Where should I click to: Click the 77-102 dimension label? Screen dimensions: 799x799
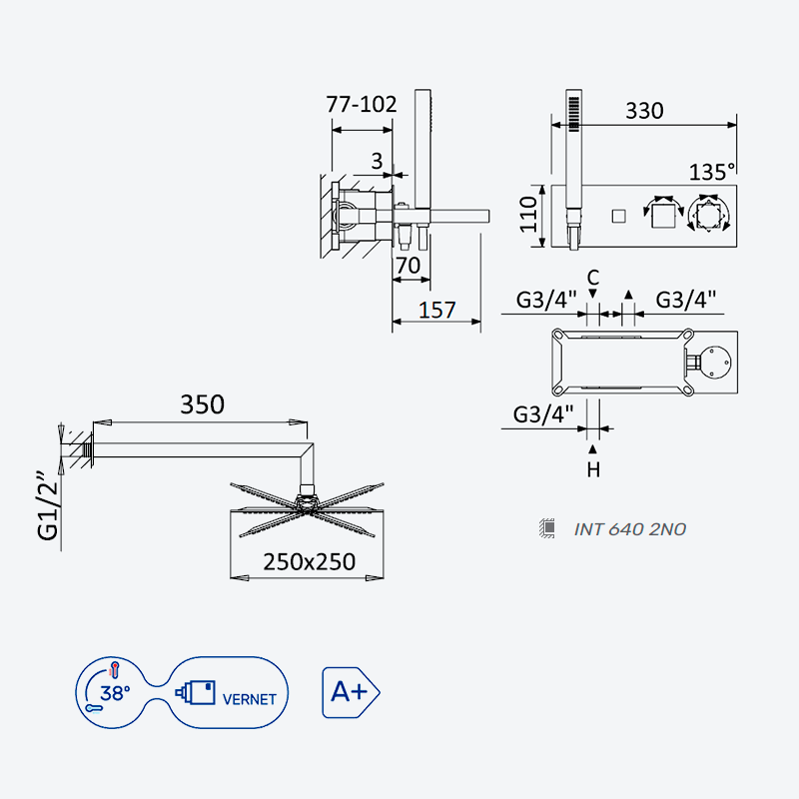tap(362, 105)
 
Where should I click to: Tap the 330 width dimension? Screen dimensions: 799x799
tap(644, 111)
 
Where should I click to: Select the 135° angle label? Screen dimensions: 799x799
tap(712, 172)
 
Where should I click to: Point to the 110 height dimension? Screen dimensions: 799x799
tap(528, 215)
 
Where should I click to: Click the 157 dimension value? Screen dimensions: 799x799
tap(436, 311)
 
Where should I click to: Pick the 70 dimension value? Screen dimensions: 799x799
tap(407, 266)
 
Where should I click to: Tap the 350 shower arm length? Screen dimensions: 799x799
tap(203, 404)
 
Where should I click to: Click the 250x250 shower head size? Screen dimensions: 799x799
tap(310, 562)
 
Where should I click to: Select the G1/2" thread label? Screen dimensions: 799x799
tap(48, 506)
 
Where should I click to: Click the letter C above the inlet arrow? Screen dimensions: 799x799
tap(592, 279)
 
